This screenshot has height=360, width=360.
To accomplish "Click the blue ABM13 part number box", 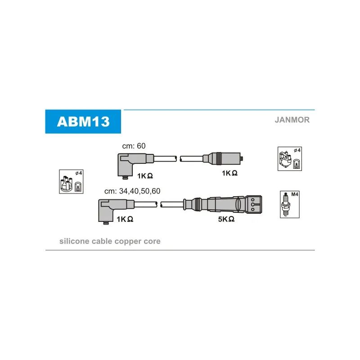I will click(x=83, y=121).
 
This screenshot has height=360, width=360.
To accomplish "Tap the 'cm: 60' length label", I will click(x=135, y=146).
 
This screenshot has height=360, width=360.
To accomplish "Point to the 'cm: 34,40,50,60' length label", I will click(x=132, y=191).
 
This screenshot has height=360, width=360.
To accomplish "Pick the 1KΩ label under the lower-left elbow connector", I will click(x=124, y=219).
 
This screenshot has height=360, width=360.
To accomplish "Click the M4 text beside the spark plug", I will click(x=295, y=194).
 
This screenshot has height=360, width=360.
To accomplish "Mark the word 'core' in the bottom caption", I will click(x=152, y=242).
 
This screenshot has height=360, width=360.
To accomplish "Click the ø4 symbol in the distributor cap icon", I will click(x=78, y=173).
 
